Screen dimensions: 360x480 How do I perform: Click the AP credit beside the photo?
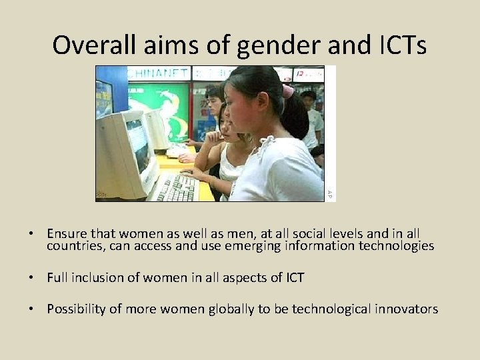(x=329, y=193)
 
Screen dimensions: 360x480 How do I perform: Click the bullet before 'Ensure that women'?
(x=31, y=234)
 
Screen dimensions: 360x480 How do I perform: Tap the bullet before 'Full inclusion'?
(x=31, y=278)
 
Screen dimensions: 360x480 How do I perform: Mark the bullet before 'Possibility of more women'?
(x=31, y=309)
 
